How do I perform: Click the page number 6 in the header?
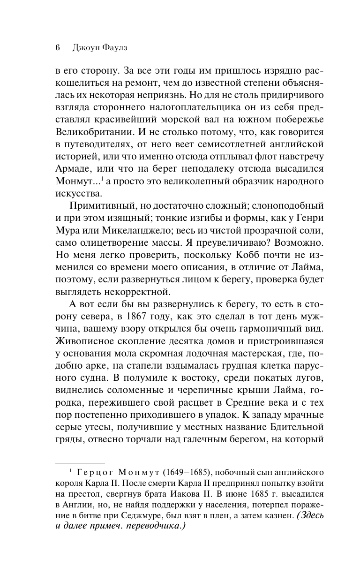(x=57, y=47)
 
